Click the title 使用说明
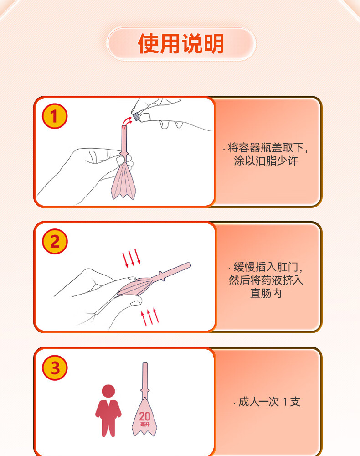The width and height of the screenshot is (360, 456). [x=181, y=44]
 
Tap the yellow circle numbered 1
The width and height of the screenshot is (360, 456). [x=55, y=116]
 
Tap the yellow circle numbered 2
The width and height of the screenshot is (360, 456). [x=55, y=241]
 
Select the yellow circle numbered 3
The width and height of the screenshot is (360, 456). [x=55, y=368]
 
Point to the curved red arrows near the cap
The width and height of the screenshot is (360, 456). [x=127, y=120]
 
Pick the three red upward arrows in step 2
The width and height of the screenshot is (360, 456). [x=150, y=317]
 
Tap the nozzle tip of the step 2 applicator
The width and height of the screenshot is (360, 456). [x=189, y=265]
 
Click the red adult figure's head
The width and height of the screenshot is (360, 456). [x=108, y=391]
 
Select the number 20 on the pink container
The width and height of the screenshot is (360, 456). [x=144, y=416]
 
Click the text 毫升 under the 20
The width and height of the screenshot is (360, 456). [x=145, y=424]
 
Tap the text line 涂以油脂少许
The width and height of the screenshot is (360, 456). [x=266, y=161]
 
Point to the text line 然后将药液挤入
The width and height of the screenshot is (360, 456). [x=266, y=280]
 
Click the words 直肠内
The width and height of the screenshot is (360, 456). [x=266, y=293]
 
